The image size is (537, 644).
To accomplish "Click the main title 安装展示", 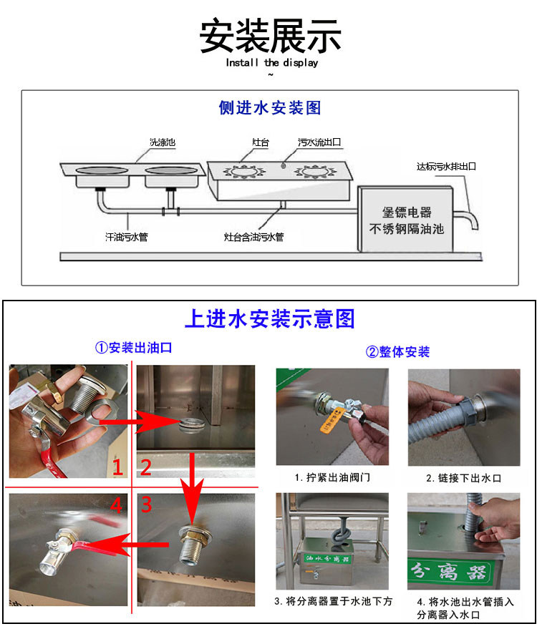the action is (x=270, y=36).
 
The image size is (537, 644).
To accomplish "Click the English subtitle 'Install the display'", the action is (x=271, y=63).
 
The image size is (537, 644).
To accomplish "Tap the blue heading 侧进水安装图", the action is (x=269, y=107).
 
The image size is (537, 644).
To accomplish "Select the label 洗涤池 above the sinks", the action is (x=163, y=142).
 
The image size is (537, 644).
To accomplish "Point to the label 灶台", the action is (x=261, y=142).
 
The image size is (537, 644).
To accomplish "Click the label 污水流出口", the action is (x=319, y=142).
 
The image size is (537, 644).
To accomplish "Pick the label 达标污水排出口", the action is (x=446, y=166).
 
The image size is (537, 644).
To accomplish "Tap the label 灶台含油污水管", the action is (x=253, y=237).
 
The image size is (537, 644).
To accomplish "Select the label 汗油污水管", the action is (x=127, y=237).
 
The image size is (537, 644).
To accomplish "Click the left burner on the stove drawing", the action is (x=244, y=171).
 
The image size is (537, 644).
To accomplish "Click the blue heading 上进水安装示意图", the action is (x=269, y=318).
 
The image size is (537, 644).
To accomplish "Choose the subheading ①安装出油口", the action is (x=133, y=348).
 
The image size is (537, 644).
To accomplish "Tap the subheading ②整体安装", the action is (x=397, y=352).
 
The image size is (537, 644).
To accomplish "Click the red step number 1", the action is (x=118, y=467).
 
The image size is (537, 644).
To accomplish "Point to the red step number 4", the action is (x=117, y=505).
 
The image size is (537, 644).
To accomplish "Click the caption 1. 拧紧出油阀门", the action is (x=332, y=478).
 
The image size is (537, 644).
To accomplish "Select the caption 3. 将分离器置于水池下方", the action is (x=333, y=601).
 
